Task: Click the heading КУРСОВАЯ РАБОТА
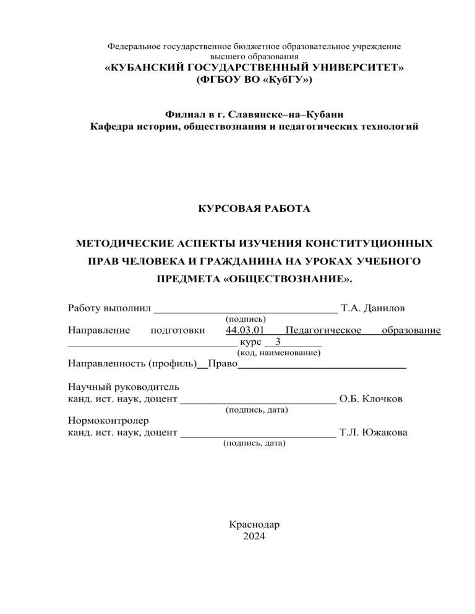coord(254,209)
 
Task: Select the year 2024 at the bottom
coord(254,536)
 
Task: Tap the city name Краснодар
coord(254,524)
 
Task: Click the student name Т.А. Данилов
coord(369,308)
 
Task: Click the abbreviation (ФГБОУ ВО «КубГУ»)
coord(254,80)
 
